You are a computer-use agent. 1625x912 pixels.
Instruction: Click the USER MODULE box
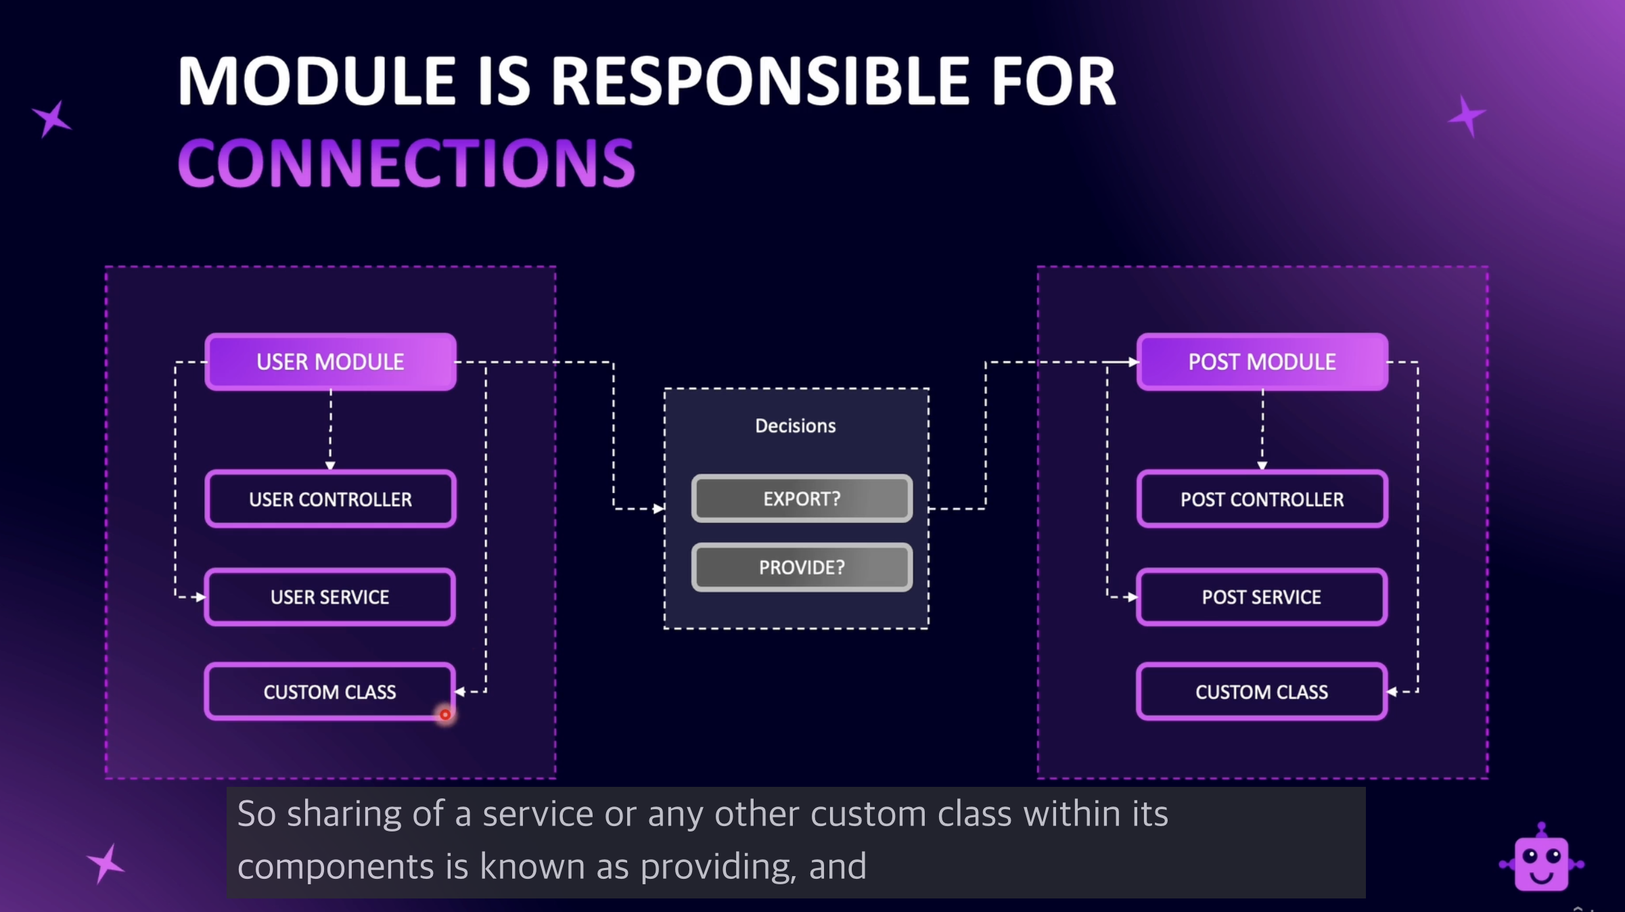331,362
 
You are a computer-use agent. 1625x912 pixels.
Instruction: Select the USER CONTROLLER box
331,499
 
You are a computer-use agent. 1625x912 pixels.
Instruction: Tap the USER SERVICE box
330,597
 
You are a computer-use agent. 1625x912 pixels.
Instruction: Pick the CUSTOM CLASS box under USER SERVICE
330,691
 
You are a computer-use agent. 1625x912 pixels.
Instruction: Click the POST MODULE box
1262,362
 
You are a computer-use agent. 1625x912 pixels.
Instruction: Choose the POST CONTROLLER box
1262,499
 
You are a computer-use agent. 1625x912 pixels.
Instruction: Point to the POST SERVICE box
1262,597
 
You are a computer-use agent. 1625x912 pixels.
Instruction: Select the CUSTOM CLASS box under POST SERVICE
1262,691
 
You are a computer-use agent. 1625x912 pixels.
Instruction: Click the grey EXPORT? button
802,499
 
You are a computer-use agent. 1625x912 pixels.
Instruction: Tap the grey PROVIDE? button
802,567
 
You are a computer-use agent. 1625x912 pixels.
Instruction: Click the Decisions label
796,426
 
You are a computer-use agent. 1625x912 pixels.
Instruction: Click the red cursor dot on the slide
445,714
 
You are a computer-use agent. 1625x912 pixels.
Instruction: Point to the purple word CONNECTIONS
407,162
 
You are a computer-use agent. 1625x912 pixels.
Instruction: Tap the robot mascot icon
1541,858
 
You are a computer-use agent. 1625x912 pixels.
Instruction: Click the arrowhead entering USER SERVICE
200,597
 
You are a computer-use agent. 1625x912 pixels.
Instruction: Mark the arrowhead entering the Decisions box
659,509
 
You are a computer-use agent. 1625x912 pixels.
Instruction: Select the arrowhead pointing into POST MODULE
1132,362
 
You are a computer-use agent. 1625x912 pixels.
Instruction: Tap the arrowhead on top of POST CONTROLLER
1262,465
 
